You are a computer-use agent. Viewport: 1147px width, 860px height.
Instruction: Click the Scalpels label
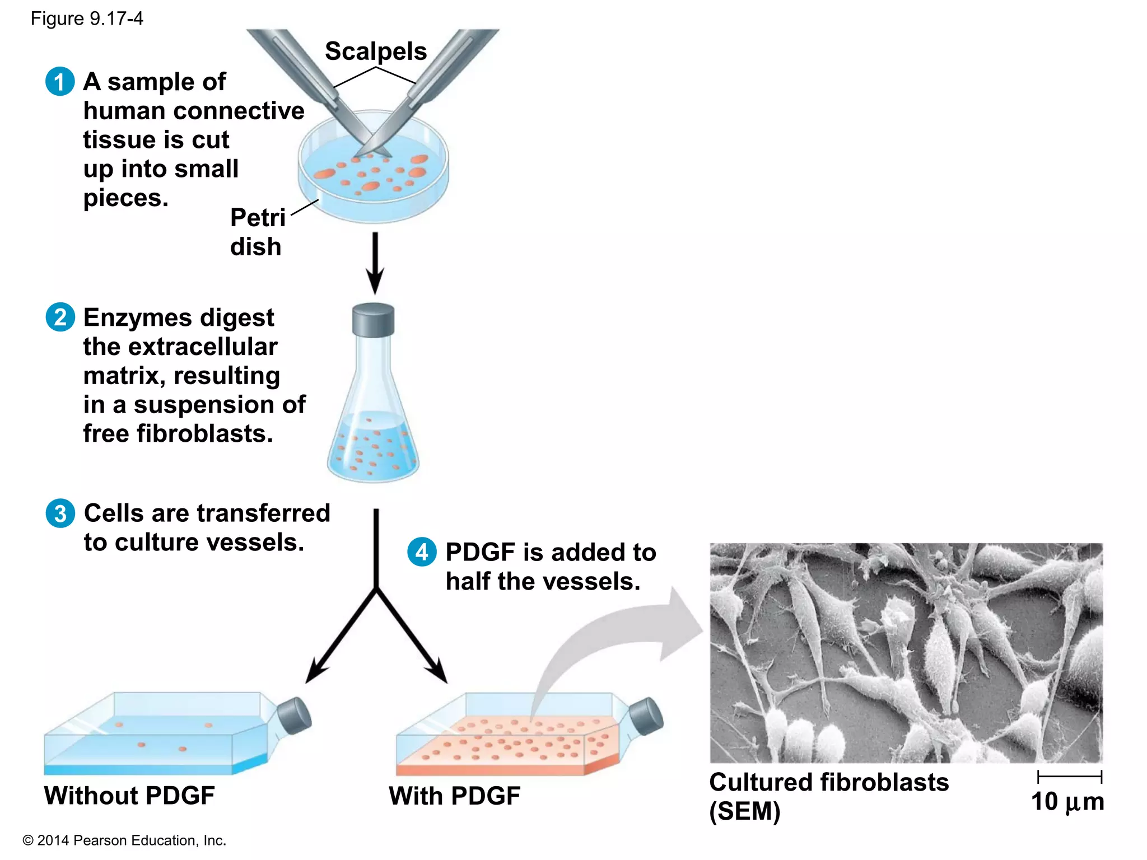(376, 52)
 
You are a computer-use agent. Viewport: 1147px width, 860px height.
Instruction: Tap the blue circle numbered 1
(60, 82)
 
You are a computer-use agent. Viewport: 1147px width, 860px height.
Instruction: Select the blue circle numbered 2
(60, 317)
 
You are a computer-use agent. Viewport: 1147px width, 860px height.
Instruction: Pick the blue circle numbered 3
(60, 513)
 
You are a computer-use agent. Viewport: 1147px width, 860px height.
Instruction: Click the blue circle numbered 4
(422, 552)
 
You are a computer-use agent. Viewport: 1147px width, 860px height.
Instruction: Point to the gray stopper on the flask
(373, 320)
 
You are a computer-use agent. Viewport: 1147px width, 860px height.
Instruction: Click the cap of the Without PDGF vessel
(294, 716)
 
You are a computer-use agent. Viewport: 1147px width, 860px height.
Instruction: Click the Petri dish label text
(257, 232)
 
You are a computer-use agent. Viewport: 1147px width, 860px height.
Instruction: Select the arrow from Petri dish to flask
(375, 263)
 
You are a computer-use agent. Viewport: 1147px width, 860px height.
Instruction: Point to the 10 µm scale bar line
(1069, 777)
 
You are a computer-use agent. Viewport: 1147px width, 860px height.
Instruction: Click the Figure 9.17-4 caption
(87, 19)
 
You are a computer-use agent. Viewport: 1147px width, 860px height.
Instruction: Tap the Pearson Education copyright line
(124, 840)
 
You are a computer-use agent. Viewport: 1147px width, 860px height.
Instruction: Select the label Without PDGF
(129, 796)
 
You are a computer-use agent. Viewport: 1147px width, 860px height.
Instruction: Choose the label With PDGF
(454, 796)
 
